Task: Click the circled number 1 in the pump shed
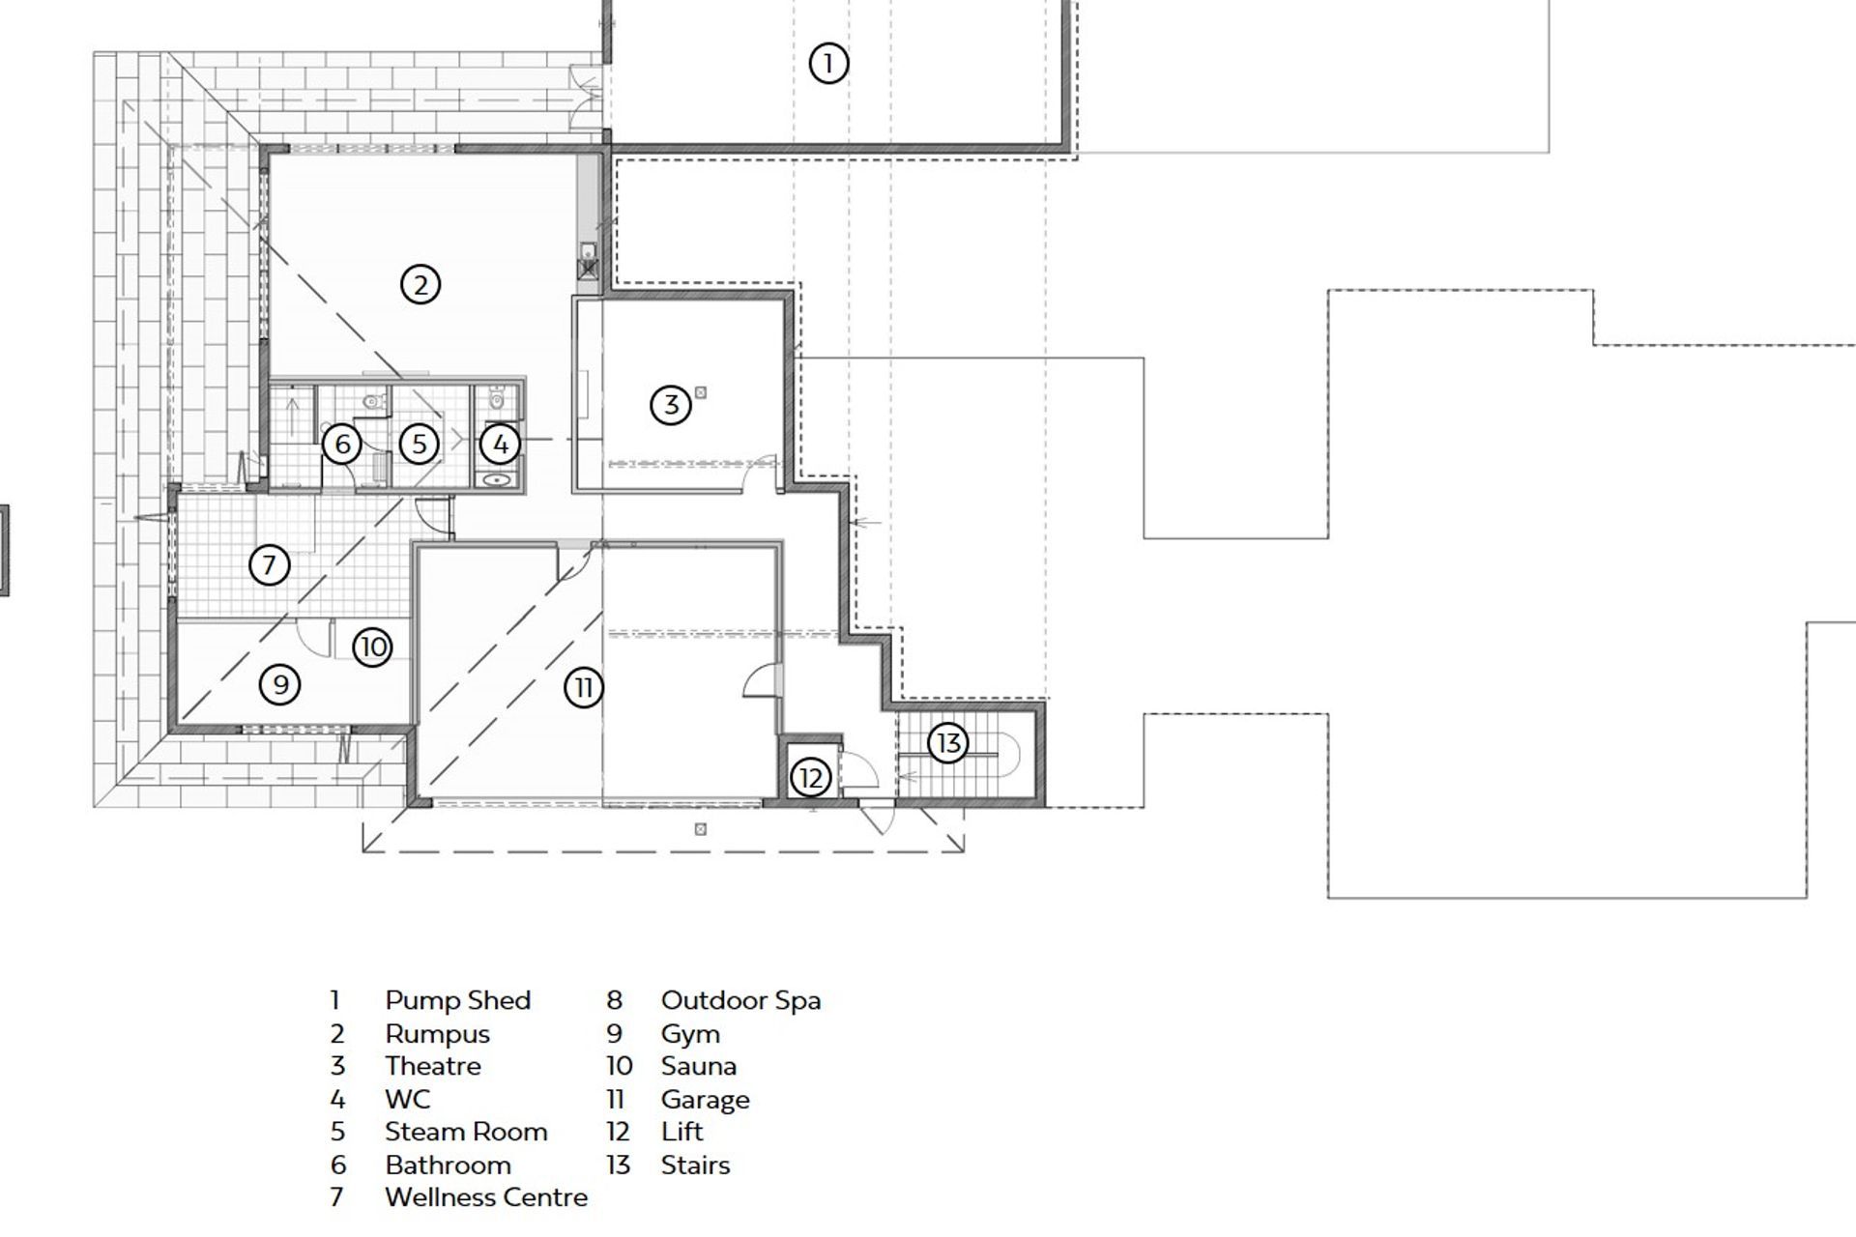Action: [827, 64]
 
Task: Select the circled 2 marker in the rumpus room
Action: [420, 285]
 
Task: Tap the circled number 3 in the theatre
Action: [671, 405]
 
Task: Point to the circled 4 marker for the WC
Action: [501, 445]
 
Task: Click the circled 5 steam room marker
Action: [419, 445]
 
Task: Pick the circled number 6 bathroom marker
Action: [341, 446]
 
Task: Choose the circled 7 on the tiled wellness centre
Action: [270, 564]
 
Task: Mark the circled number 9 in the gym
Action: [280, 685]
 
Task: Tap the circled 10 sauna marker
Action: [372, 647]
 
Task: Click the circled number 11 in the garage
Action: [584, 688]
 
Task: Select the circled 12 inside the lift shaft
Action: [810, 777]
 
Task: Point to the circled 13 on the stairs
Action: [948, 743]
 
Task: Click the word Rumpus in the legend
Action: [437, 1034]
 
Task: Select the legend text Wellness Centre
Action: [485, 1197]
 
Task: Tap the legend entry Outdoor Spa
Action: [740, 1000]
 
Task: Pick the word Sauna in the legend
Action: [698, 1066]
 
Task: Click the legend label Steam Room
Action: [466, 1132]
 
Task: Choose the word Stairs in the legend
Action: [695, 1165]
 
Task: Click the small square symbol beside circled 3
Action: [701, 392]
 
